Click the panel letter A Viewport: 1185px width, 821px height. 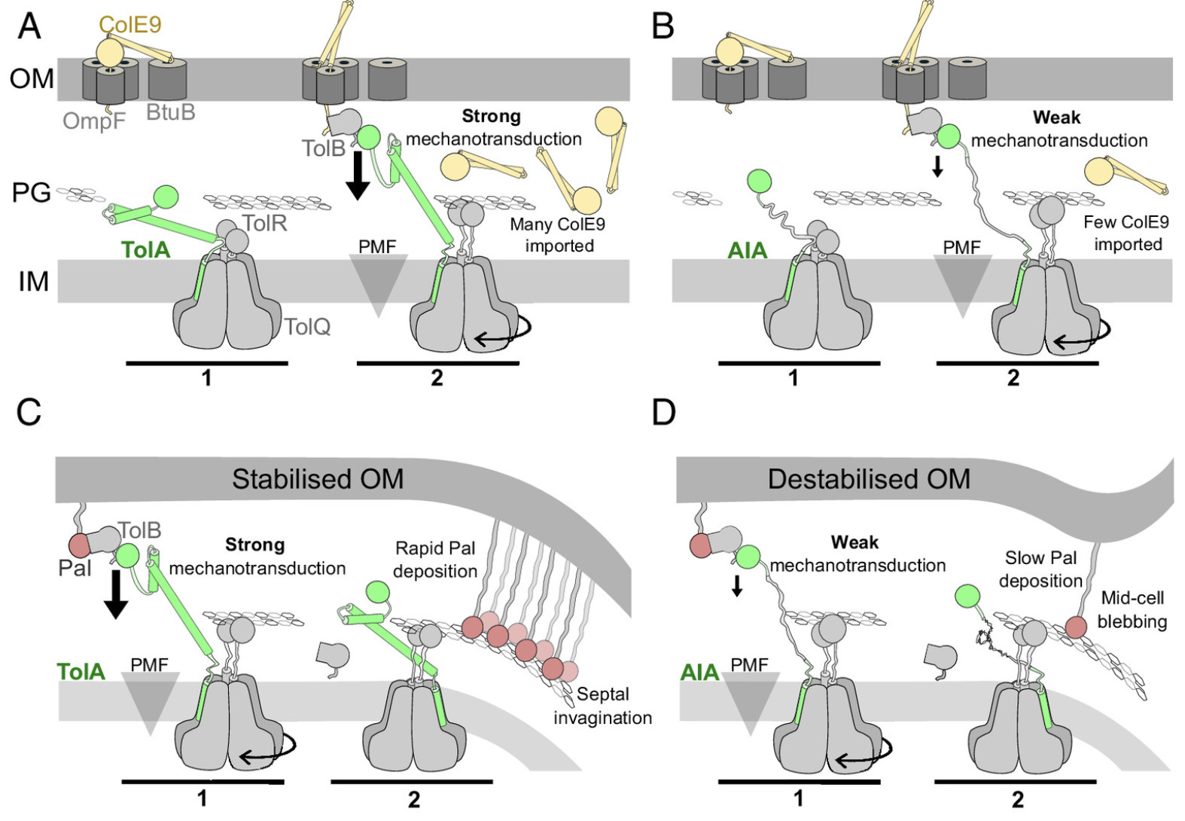tap(29, 26)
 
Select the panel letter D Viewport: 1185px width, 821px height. tap(663, 413)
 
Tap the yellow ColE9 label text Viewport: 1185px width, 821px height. tap(130, 25)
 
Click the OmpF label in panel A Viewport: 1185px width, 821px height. tap(94, 120)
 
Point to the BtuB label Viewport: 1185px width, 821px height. tap(170, 112)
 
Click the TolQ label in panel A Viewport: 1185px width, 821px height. tap(307, 326)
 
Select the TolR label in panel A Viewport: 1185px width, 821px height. tap(264, 223)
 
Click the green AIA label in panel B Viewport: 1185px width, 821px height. tap(747, 250)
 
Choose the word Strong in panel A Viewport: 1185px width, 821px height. tap(491, 116)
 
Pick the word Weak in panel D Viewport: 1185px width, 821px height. tap(854, 542)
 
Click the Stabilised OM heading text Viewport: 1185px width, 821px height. tap(318, 479)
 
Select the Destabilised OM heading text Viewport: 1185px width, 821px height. tap(869, 479)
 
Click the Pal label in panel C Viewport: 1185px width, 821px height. tap(75, 567)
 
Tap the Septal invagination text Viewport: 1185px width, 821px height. tap(602, 706)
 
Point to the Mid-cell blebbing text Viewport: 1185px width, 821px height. tap(1132, 609)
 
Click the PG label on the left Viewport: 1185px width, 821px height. tap(32, 193)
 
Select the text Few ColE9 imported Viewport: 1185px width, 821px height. tap(1126, 233)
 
